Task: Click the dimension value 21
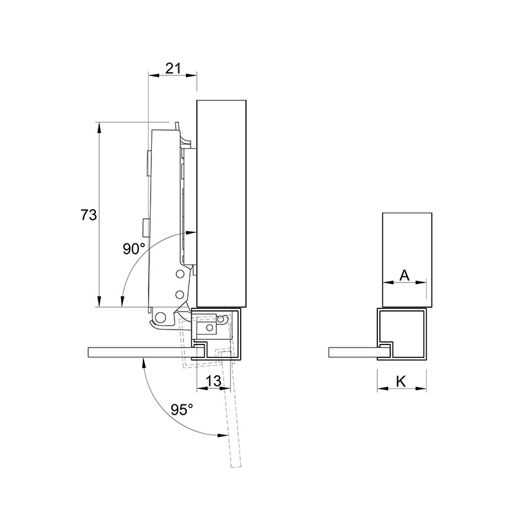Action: coord(173,68)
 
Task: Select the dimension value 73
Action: coord(89,215)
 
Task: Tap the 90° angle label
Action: coord(134,248)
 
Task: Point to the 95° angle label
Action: coord(182,409)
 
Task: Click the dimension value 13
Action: coord(213,381)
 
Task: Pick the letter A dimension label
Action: coord(405,276)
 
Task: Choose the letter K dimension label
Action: coord(401,382)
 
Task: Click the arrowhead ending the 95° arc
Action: coord(223,436)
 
